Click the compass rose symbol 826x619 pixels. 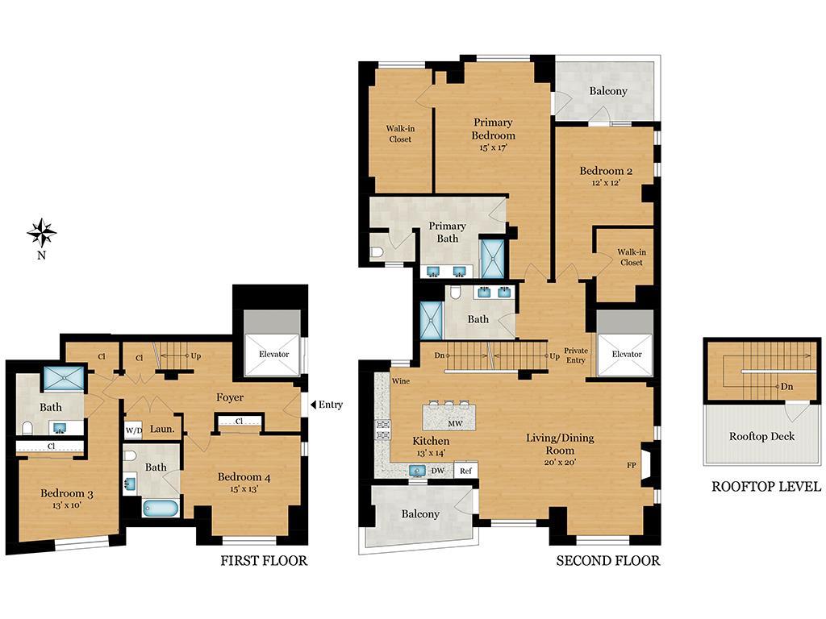(x=41, y=232)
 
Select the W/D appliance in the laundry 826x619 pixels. (x=133, y=430)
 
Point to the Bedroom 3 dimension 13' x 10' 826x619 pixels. (x=67, y=505)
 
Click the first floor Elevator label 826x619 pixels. (x=273, y=354)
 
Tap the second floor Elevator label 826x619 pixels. (x=626, y=355)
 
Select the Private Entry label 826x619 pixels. (x=576, y=355)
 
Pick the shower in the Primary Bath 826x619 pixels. (x=491, y=258)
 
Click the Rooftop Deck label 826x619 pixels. (x=761, y=436)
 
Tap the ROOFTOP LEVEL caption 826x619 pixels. (x=766, y=486)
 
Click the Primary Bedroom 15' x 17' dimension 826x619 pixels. (x=493, y=147)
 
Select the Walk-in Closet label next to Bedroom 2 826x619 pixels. (x=632, y=257)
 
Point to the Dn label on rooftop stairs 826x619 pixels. (x=786, y=387)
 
